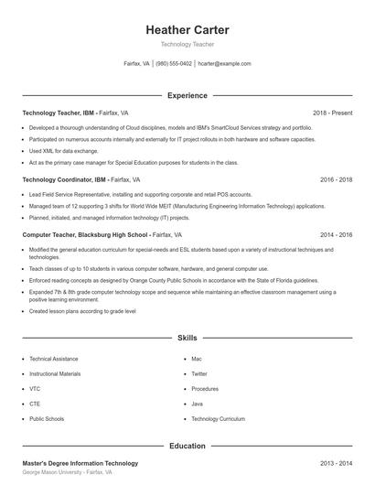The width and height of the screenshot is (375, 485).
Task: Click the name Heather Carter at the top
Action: pos(187,30)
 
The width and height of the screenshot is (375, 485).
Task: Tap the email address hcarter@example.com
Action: pos(224,64)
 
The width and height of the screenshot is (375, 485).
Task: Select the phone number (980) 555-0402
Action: pos(174,64)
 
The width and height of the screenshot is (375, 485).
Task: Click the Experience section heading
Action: pos(187,95)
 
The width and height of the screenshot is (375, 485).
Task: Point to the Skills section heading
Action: pos(187,339)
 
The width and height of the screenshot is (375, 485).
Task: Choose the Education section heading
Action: pos(187,446)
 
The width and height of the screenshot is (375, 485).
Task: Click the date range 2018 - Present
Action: pos(332,113)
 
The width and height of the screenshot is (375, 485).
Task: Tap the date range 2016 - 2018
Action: pos(336,180)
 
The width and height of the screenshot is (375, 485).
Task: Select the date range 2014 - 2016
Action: pos(336,234)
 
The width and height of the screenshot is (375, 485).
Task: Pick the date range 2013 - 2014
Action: pos(336,463)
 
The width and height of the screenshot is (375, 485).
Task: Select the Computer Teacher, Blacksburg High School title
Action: pos(83,234)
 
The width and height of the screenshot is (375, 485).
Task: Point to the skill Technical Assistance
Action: pos(54,359)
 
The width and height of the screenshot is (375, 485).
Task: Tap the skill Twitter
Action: pos(199,373)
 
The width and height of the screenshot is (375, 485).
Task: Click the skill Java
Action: pos(197,404)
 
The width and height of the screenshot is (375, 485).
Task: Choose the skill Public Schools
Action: pos(47,418)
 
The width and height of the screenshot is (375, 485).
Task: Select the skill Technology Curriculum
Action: pos(218,418)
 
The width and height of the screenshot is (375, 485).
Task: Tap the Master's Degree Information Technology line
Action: pos(80,463)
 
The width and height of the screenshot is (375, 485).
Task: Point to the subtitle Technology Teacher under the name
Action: pos(187,44)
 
